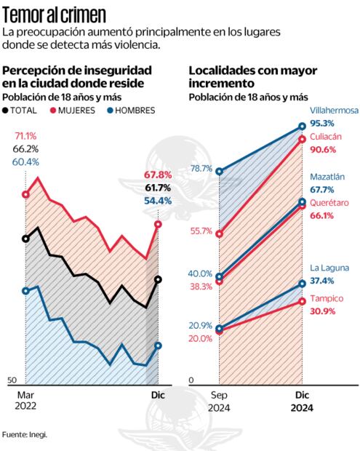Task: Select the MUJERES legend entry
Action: coord(75,111)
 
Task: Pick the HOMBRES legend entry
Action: coord(131,111)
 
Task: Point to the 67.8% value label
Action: coord(158,175)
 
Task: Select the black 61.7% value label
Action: coord(158,188)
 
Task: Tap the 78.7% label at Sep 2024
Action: coord(200,169)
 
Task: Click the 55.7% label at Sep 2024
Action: coord(200,231)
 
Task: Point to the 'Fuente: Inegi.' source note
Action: coord(24,435)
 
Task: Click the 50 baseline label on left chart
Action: coord(11,380)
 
